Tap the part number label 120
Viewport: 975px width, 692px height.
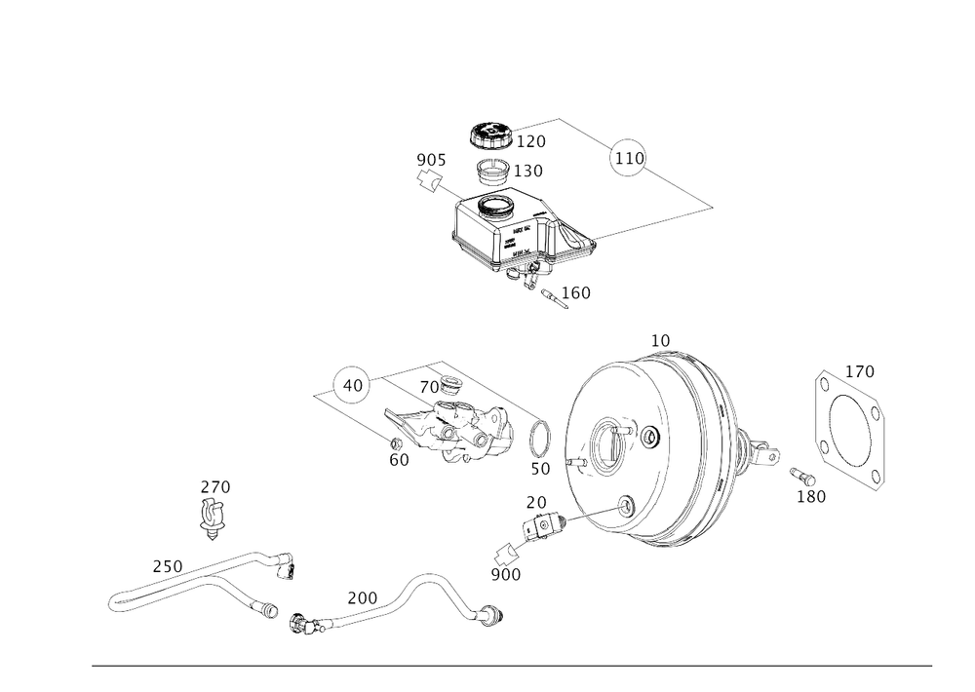point(533,141)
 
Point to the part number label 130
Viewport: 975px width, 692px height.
point(531,172)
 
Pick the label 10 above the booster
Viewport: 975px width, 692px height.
point(661,341)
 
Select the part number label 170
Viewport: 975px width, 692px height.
point(860,370)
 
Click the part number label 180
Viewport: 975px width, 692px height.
point(811,497)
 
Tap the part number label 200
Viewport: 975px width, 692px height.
point(363,596)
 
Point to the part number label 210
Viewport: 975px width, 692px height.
point(168,564)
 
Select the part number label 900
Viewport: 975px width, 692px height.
point(507,575)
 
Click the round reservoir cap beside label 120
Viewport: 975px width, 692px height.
point(489,135)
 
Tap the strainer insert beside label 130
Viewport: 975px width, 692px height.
point(494,173)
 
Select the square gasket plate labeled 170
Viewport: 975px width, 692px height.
point(850,427)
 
